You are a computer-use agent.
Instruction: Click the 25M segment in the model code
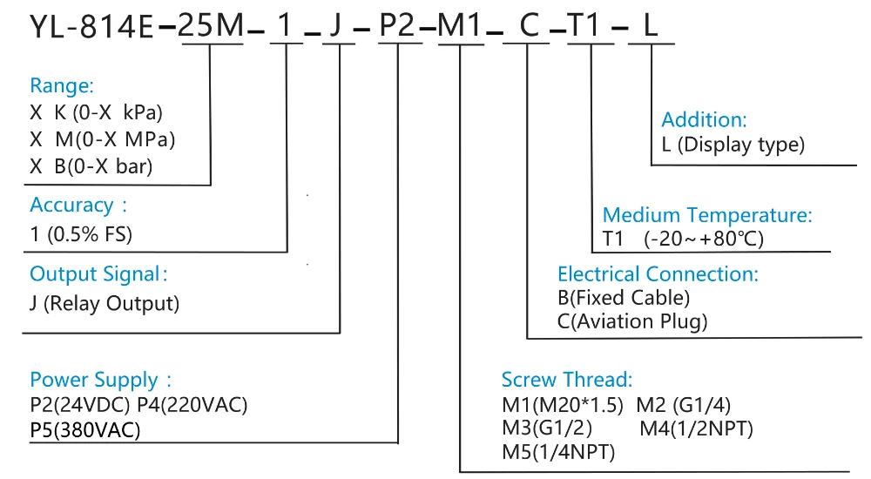click(x=211, y=25)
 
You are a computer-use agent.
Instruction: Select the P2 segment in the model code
click(x=397, y=25)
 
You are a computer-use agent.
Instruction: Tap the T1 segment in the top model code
click(x=585, y=25)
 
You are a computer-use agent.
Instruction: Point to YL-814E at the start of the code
click(x=91, y=27)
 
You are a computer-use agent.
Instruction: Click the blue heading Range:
click(x=62, y=85)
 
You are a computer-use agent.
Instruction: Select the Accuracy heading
click(x=78, y=205)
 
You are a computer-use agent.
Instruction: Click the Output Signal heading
click(x=98, y=274)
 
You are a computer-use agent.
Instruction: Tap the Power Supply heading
click(x=100, y=380)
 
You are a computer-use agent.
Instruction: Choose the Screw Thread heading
click(x=567, y=380)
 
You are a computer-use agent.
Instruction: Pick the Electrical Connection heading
click(x=658, y=274)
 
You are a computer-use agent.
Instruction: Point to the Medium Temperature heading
click(x=707, y=215)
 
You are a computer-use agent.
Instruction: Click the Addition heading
click(x=704, y=120)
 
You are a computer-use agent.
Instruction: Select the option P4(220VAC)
click(x=192, y=405)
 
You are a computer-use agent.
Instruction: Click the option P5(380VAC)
click(x=85, y=430)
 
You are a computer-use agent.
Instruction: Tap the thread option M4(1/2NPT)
click(x=696, y=428)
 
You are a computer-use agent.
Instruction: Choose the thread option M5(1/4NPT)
click(x=558, y=452)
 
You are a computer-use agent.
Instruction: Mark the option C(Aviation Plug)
click(x=632, y=321)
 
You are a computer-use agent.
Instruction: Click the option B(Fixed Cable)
click(x=624, y=298)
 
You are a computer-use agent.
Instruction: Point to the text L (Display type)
click(x=733, y=145)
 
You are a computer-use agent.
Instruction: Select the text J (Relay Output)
click(x=105, y=303)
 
